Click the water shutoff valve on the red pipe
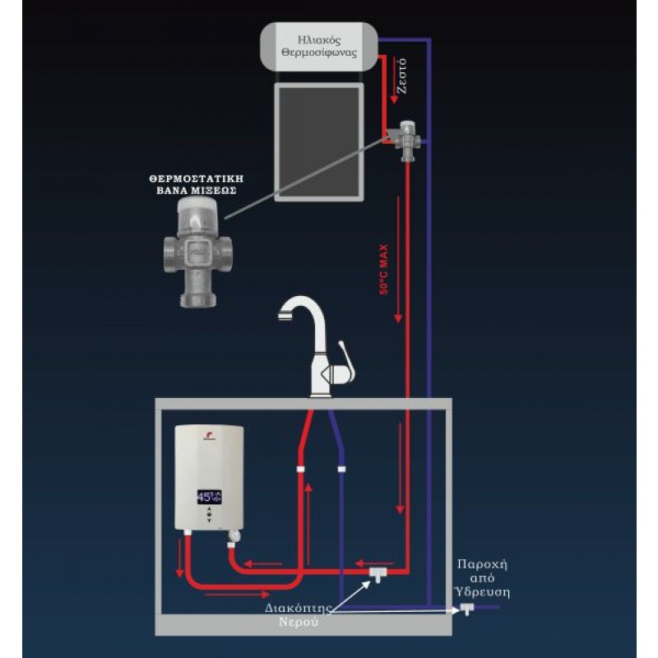click(x=378, y=572)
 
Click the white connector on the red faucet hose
click(x=302, y=470)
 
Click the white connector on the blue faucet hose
click(x=340, y=470)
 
